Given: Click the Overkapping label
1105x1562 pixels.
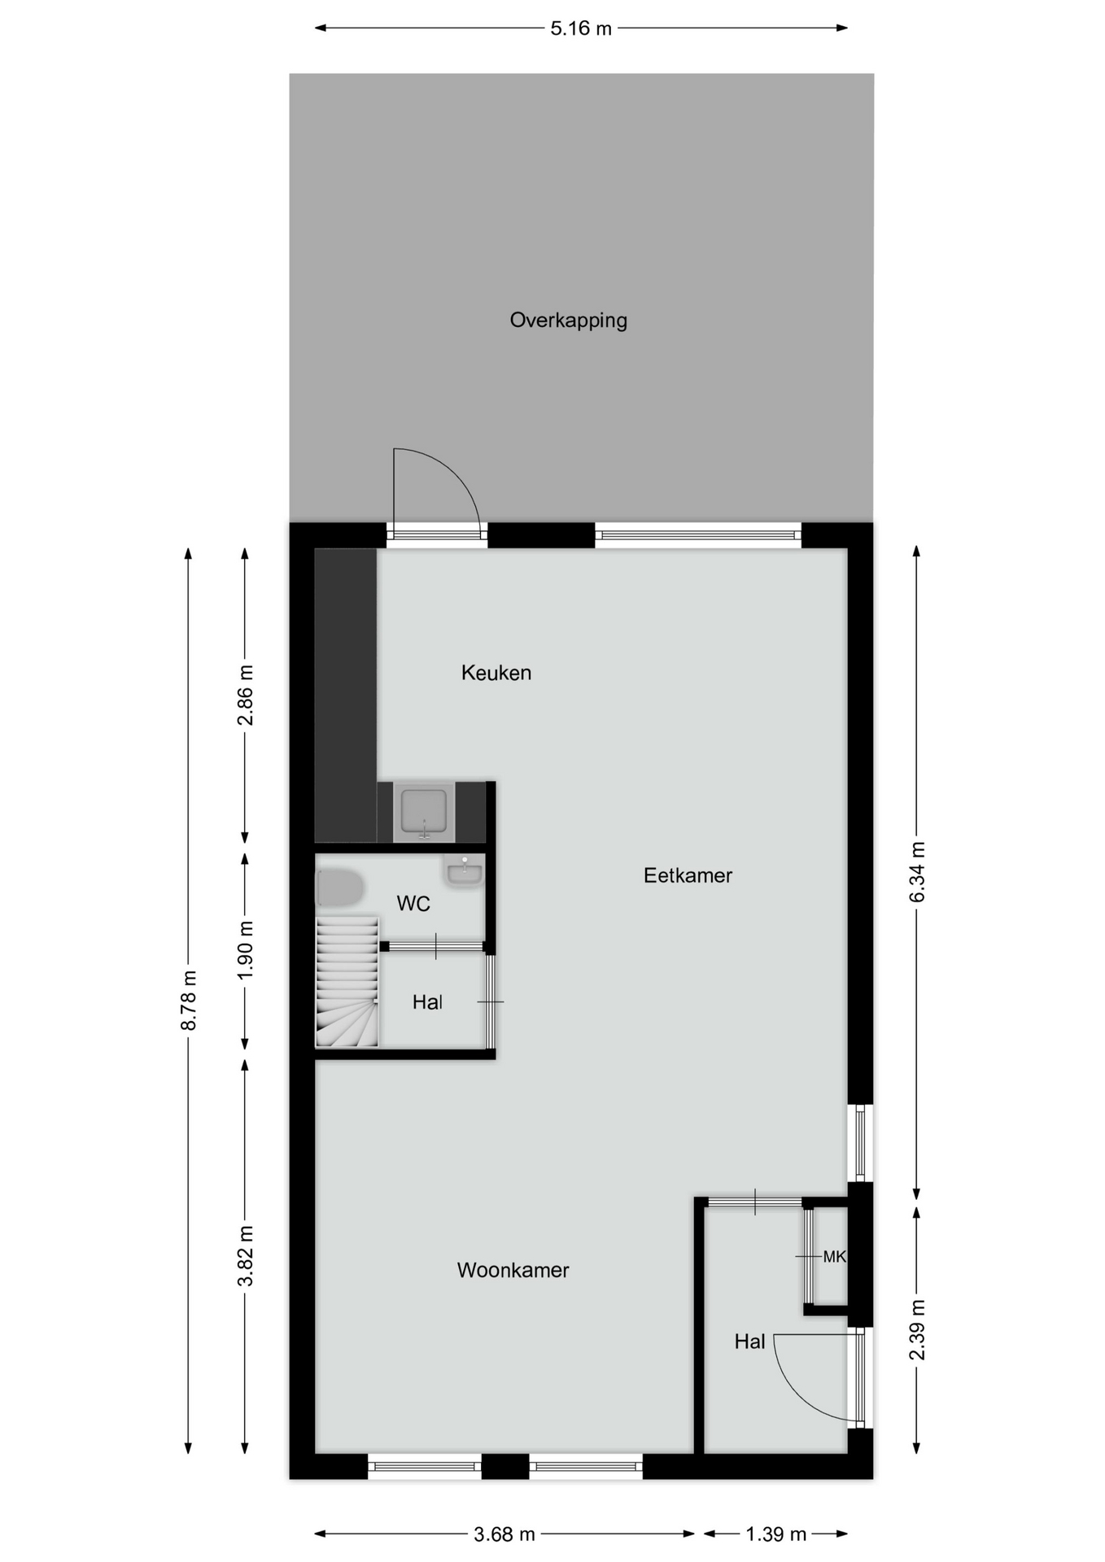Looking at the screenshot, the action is tap(568, 321).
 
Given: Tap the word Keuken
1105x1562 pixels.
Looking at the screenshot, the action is tap(496, 673).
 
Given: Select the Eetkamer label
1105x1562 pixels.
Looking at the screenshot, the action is tap(688, 875).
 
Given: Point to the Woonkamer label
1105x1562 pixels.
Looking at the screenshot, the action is tap(513, 1270).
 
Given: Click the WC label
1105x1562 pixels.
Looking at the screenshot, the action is tap(413, 904).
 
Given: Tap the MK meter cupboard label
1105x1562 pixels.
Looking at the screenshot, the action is tap(834, 1257).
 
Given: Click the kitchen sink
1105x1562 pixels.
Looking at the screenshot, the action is tap(423, 812).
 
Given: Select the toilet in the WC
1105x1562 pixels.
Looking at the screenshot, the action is tap(339, 888).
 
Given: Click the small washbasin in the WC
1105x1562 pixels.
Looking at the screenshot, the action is tap(464, 871).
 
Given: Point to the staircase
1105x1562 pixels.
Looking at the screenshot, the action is tap(347, 982).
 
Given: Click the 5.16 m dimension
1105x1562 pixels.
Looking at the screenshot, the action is tap(581, 28).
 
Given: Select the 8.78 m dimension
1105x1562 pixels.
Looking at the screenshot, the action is tap(188, 1001).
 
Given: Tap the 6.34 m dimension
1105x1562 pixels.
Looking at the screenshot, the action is tap(916, 872).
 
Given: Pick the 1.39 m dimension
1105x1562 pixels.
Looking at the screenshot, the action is tap(775, 1534).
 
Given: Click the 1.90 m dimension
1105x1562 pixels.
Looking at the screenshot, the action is tap(245, 951).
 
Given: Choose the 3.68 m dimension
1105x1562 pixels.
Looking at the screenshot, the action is tap(504, 1534).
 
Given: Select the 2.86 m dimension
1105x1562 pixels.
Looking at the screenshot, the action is tap(245, 696).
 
